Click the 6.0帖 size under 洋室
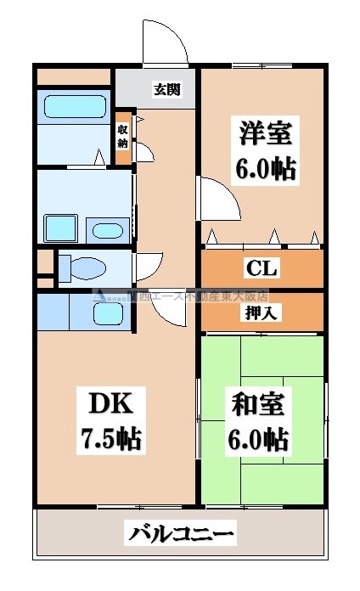[265, 169]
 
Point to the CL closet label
[262, 269]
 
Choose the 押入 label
[263, 312]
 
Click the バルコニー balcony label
[182, 534]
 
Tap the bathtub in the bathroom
[73, 108]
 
